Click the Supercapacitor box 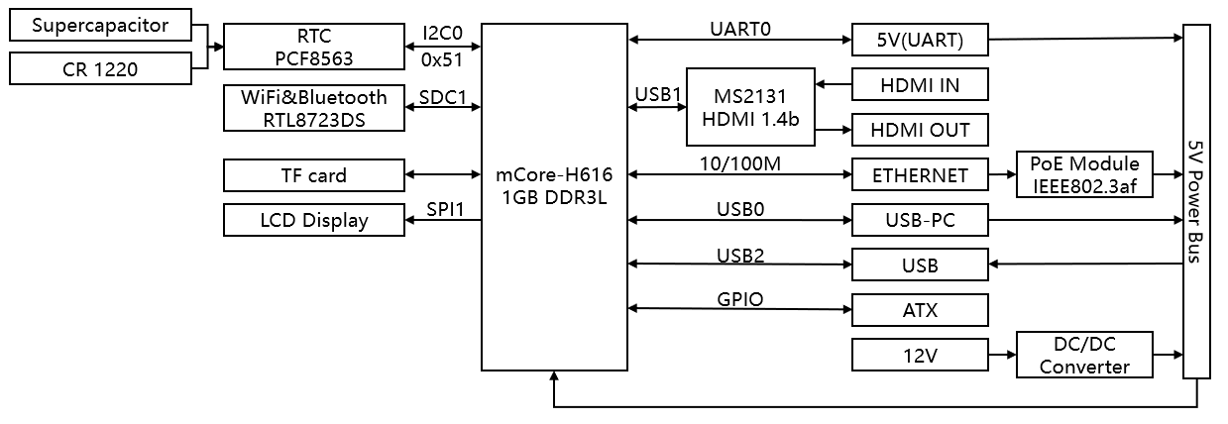point(100,26)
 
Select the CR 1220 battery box point(100,68)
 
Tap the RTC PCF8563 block point(313,48)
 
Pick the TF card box point(313,176)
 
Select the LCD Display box point(313,220)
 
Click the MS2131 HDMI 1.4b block point(749,108)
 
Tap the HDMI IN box point(920,85)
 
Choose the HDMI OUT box point(920,130)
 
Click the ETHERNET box point(920,175)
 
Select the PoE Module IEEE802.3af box point(1086,174)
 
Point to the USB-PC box point(920,220)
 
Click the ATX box point(920,311)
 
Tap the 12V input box point(920,356)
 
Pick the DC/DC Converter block point(1085,356)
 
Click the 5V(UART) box point(920,42)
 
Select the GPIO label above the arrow point(739,298)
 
